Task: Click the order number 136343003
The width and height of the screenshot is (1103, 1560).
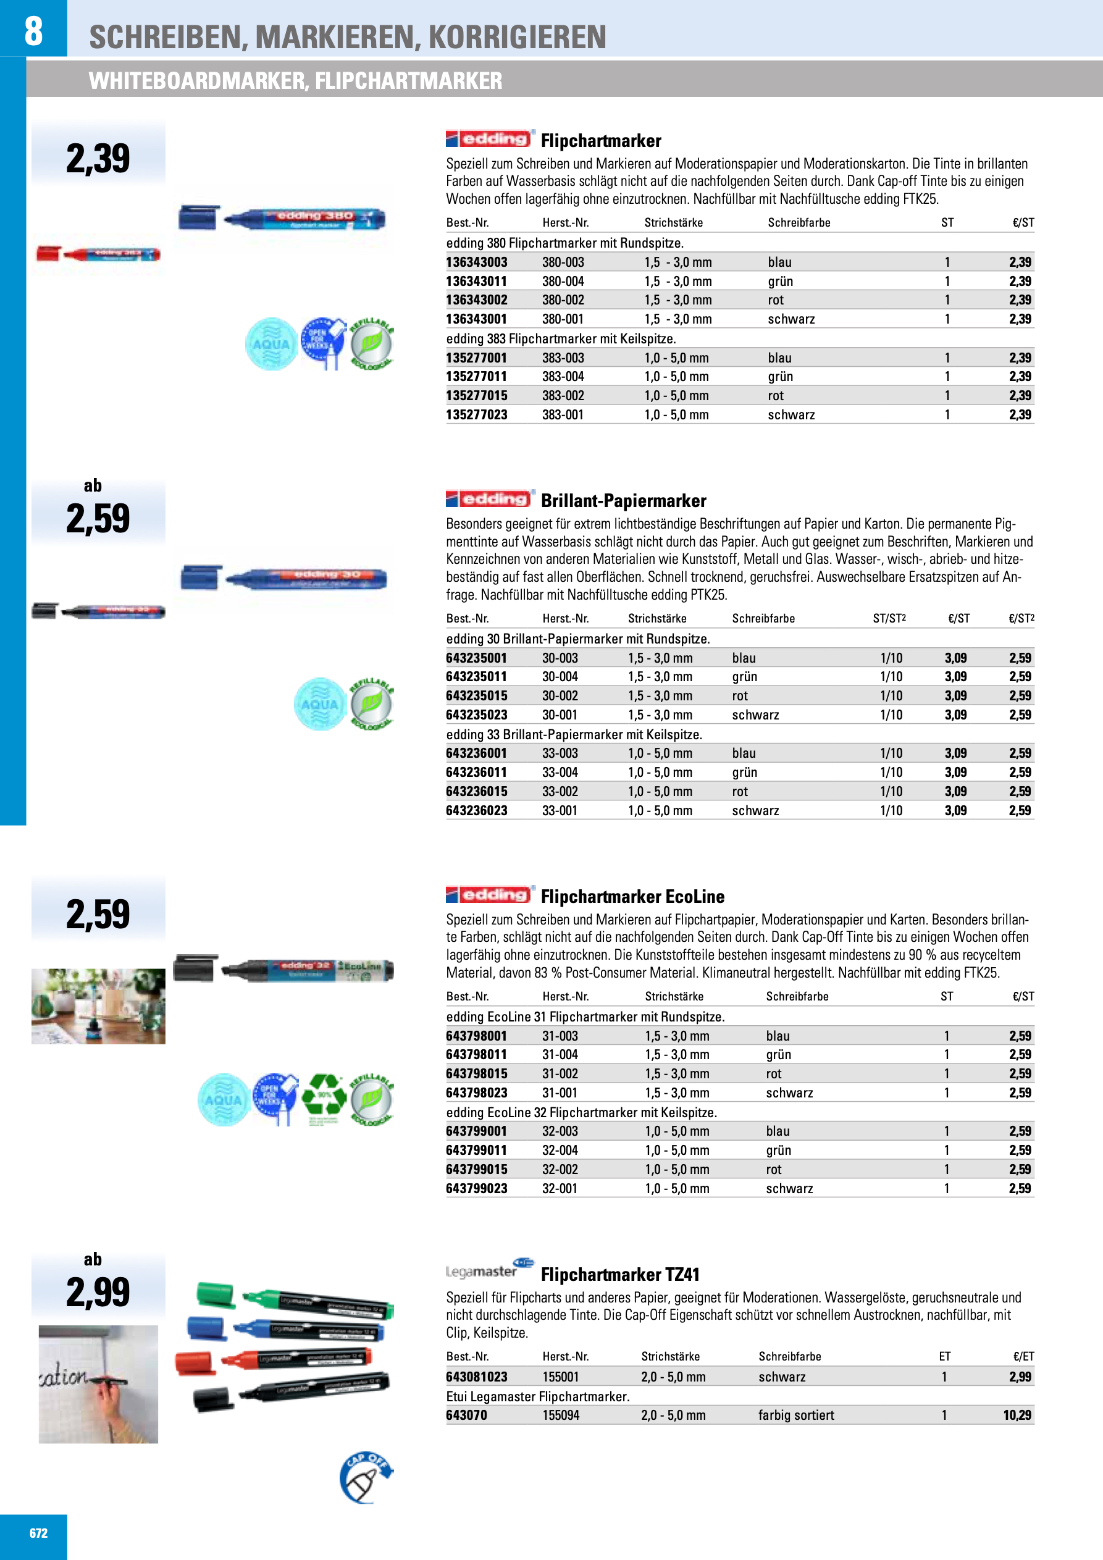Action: (x=476, y=262)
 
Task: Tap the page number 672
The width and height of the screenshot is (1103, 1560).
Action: (x=39, y=1533)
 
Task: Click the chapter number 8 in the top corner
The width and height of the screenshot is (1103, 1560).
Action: (x=33, y=31)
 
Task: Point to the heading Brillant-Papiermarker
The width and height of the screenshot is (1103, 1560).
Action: (x=623, y=501)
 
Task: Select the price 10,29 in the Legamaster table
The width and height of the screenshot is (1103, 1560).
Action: (x=1017, y=1415)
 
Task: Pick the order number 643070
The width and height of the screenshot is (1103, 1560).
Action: (x=466, y=1415)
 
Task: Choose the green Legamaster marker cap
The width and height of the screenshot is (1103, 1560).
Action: (x=216, y=1294)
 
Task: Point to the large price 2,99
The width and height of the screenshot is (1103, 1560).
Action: (x=98, y=1291)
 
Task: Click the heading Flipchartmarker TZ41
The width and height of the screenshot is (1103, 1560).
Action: (x=620, y=1275)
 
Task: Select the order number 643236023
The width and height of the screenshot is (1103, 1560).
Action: (x=476, y=811)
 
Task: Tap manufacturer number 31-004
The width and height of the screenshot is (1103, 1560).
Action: (x=560, y=1054)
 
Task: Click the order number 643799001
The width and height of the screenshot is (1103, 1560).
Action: (x=476, y=1131)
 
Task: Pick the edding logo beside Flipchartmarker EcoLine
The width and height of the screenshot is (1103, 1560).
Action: (x=489, y=895)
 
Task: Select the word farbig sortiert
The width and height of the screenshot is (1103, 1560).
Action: (x=796, y=1415)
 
